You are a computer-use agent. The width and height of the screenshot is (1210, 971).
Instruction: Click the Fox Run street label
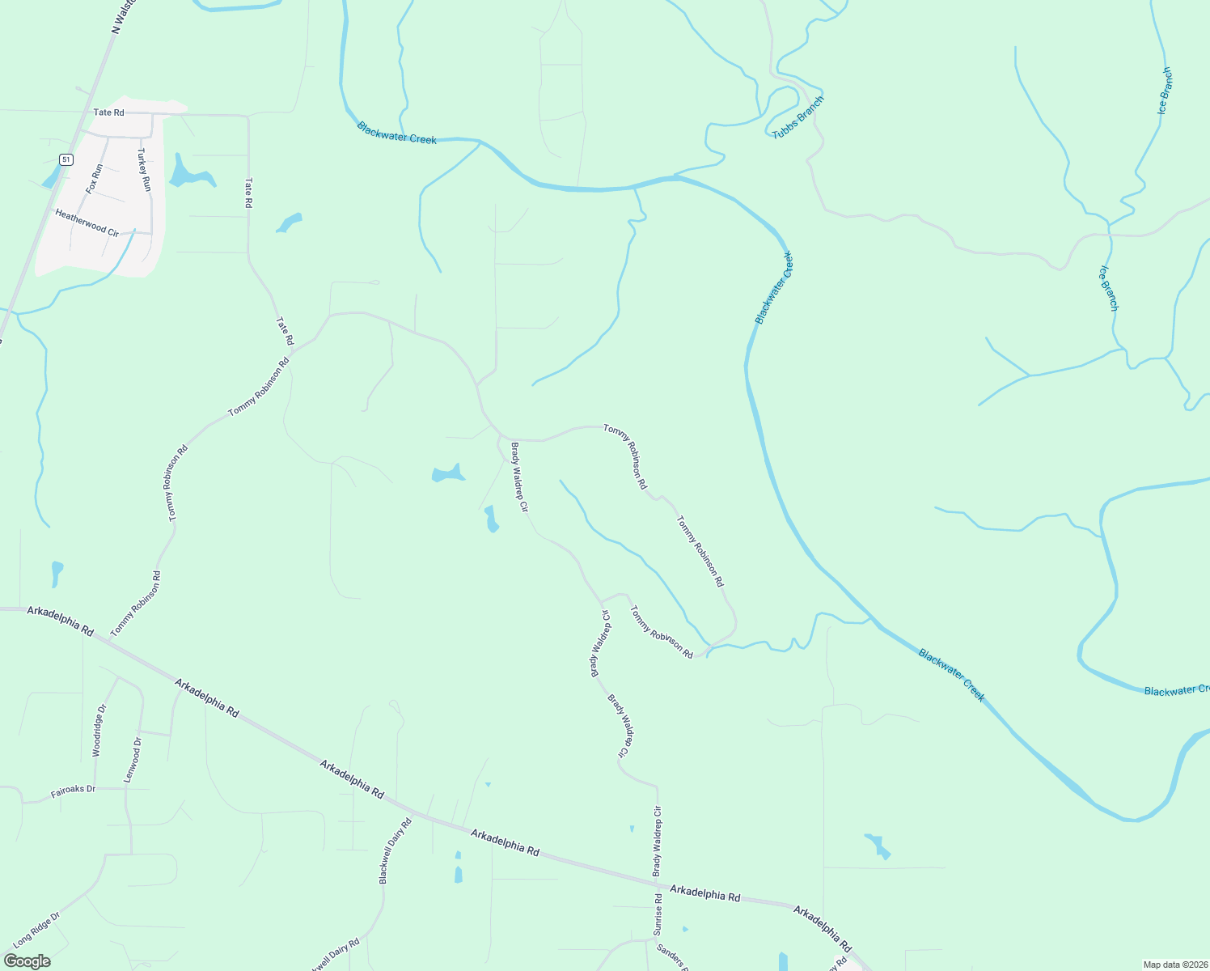[95, 178]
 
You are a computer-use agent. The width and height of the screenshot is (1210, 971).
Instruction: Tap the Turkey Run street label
[144, 169]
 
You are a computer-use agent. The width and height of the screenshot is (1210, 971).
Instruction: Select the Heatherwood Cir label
[87, 223]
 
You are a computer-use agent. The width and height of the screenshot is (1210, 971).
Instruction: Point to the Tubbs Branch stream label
[797, 117]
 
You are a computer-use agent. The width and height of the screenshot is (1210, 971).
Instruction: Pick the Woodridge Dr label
[99, 731]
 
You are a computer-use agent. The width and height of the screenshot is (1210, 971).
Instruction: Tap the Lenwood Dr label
[133, 759]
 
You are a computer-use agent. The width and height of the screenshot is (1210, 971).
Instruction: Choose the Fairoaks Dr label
[73, 791]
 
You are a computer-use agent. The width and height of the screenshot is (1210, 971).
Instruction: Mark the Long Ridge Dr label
[36, 930]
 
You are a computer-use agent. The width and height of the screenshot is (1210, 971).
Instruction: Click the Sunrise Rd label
[658, 914]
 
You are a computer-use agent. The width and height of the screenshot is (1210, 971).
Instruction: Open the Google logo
[27, 961]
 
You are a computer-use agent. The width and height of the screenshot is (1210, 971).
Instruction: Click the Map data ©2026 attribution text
[1175, 965]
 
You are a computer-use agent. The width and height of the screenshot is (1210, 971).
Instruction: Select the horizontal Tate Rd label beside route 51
[108, 112]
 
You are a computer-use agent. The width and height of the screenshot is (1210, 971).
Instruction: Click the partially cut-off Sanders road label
[672, 957]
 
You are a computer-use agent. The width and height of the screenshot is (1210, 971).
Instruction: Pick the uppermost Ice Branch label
[1165, 91]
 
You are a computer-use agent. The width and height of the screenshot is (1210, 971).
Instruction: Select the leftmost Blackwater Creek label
[396, 134]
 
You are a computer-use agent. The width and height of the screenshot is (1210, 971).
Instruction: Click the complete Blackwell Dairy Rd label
[396, 850]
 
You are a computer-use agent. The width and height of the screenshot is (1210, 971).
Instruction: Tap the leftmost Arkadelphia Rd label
[60, 620]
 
